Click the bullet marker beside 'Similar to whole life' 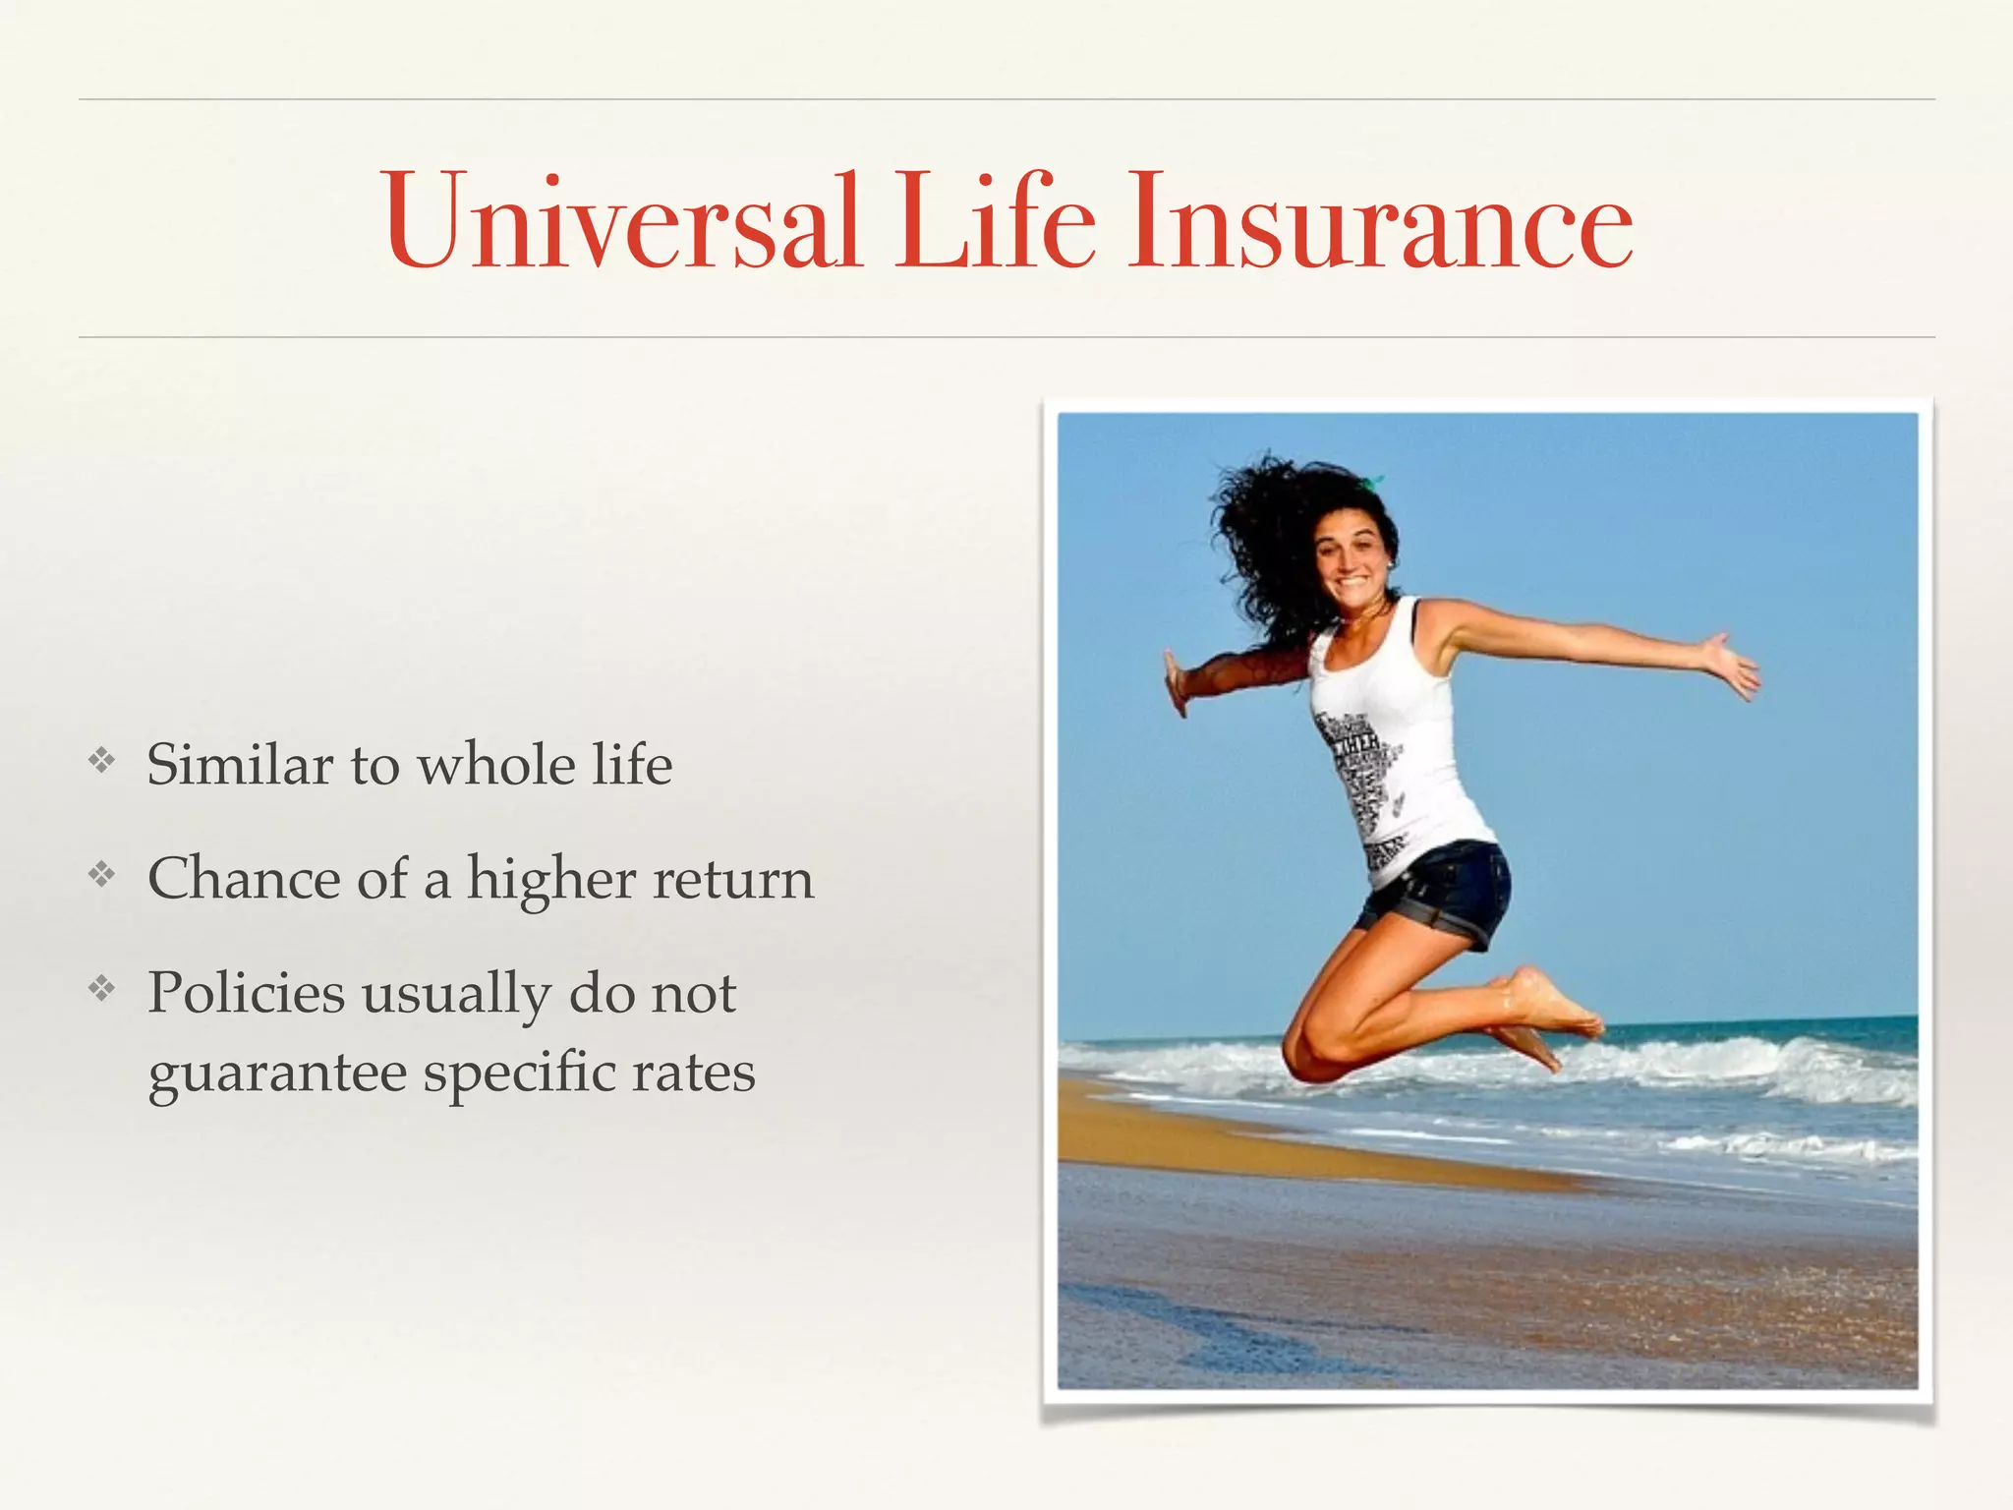tap(101, 760)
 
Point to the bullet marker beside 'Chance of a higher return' tap(101, 873)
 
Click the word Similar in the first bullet tap(240, 765)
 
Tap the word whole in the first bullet tap(496, 765)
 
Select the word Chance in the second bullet tap(244, 878)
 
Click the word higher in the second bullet tap(550, 880)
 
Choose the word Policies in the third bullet tap(246, 993)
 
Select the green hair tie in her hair tap(1371, 482)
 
